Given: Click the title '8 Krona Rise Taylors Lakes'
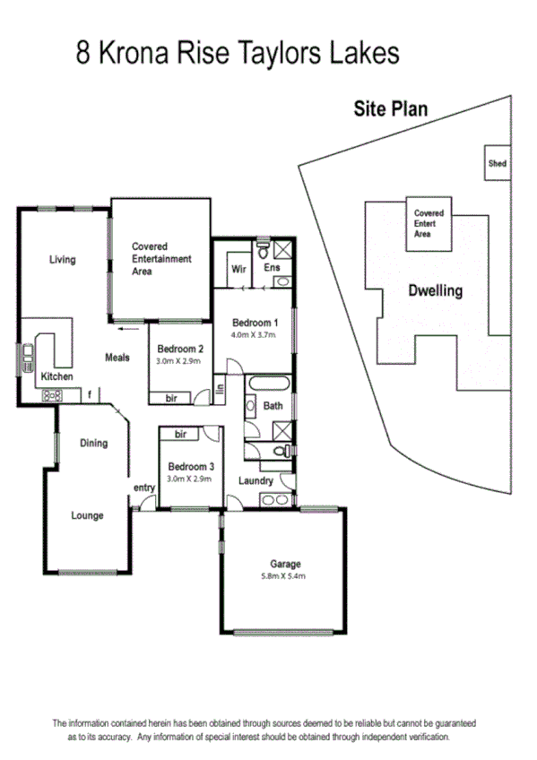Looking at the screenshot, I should click(x=237, y=53).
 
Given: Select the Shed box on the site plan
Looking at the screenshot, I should click(x=497, y=163).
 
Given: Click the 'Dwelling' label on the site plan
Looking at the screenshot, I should click(x=435, y=290).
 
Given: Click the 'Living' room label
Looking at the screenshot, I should click(x=62, y=260).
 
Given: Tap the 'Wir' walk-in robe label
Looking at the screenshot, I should click(x=238, y=269).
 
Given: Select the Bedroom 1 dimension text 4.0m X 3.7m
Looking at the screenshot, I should click(x=256, y=334).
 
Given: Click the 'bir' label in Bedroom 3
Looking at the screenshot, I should click(x=180, y=434).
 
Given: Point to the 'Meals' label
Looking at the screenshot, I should click(x=117, y=357).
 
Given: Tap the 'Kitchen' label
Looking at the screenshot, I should click(x=56, y=376).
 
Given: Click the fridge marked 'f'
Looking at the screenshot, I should click(x=90, y=393).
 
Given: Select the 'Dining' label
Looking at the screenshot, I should click(x=93, y=443).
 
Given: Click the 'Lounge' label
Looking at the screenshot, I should click(x=87, y=515).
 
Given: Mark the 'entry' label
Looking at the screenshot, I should click(x=144, y=488).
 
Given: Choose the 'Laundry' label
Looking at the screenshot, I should click(x=256, y=481).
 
